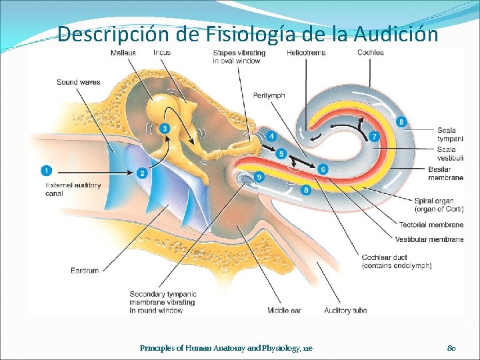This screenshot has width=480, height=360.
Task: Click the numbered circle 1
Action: pos(46,170)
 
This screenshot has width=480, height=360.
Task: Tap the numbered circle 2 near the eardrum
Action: pos(142,173)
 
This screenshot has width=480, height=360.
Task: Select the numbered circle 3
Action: pos(165,128)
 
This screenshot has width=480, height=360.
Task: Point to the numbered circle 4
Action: pos(271,136)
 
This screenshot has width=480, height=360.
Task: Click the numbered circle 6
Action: pos(323,169)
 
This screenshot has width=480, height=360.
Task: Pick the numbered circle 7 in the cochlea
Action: pos(374,136)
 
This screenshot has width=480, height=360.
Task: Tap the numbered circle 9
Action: pos(259,177)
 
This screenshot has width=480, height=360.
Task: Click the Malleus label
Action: pos(125,53)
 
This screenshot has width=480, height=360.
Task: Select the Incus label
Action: pos(162,53)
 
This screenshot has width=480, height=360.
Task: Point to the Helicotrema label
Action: pos(306,53)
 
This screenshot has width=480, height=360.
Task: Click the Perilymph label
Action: pos(269,95)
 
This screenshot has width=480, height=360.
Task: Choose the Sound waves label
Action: pos(78,83)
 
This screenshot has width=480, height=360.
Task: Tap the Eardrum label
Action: pos(85,270)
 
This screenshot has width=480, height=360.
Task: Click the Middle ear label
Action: pos(284,310)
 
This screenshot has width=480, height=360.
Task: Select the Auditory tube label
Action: pos(345,310)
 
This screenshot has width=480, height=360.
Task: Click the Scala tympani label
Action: pos(451,135)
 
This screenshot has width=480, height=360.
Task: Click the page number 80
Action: pos(451,348)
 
